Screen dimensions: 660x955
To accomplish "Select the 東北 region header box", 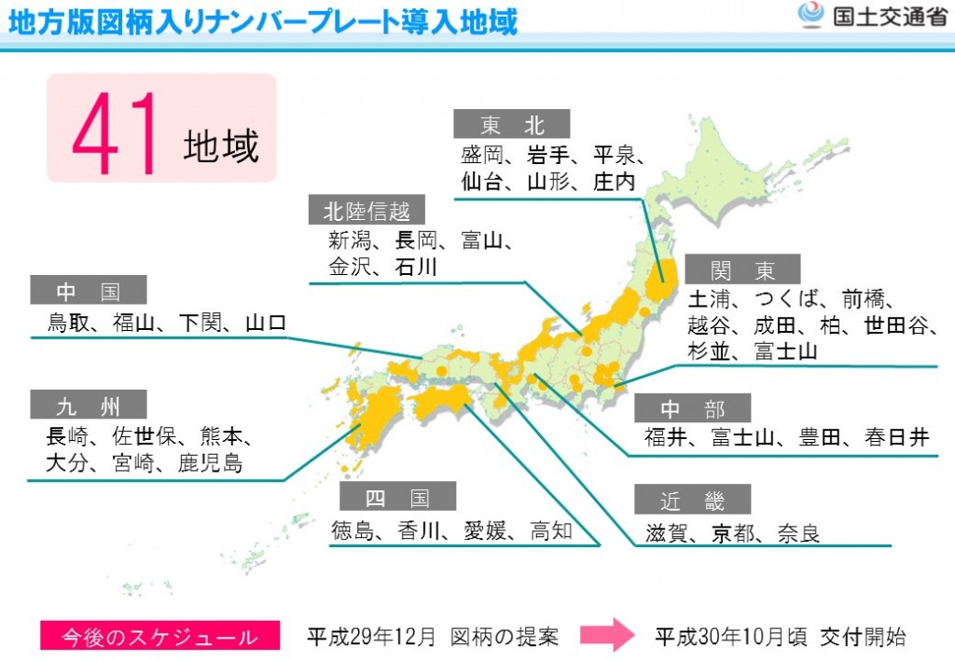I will click(511, 124).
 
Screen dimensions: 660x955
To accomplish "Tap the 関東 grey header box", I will click(742, 269).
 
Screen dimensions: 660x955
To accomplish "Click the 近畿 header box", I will click(692, 501).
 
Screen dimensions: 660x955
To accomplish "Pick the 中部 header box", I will click(692, 408).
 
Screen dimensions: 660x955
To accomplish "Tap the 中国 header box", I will click(89, 291).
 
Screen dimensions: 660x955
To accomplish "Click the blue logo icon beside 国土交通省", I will click(811, 16).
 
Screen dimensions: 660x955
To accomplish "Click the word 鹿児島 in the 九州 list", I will click(211, 462).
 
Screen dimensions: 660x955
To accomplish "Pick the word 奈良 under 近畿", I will click(799, 533).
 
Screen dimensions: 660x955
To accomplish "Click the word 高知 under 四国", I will click(551, 530).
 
